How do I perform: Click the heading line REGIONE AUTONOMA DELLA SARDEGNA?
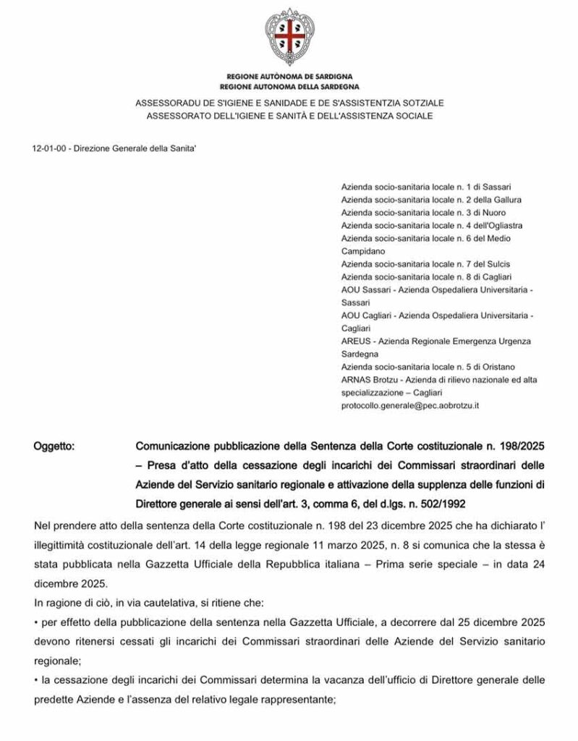pyautogui.click(x=289, y=85)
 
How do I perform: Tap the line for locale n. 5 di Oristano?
pyautogui.click(x=428, y=368)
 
